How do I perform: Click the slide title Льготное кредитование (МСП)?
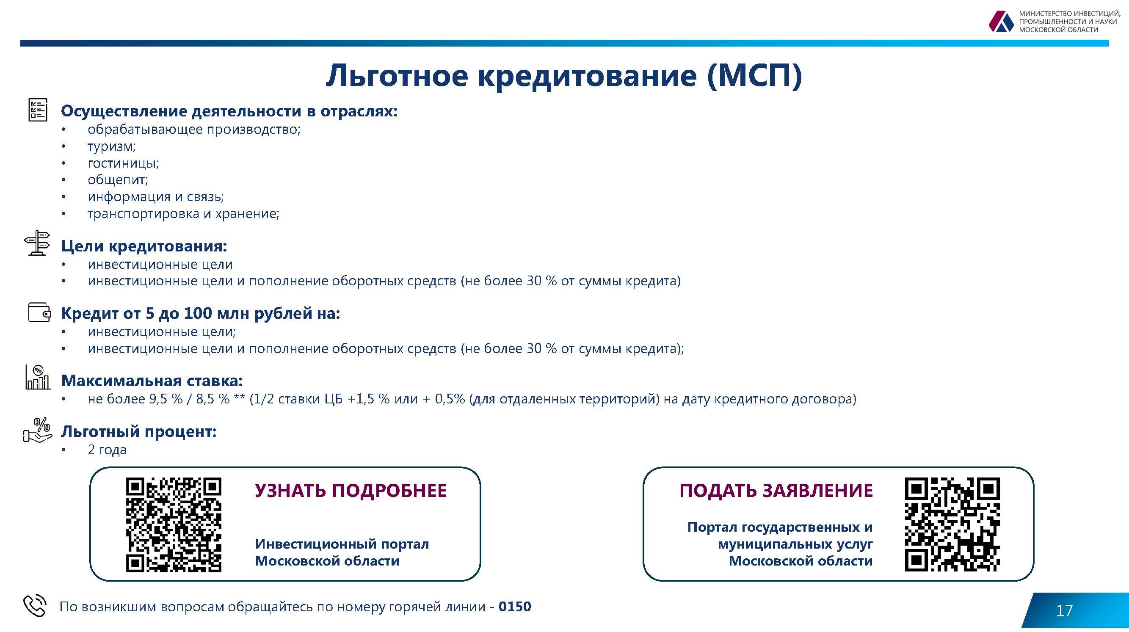563,75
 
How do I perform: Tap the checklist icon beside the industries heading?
37,110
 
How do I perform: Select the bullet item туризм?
111,146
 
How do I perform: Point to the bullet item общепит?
117,180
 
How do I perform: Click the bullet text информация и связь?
156,197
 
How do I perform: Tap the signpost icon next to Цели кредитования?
37,243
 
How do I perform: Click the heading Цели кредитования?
144,246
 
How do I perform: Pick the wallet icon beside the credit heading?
39,312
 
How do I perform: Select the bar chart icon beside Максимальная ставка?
38,377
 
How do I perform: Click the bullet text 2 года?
107,450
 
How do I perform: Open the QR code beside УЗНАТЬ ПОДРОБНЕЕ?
174,524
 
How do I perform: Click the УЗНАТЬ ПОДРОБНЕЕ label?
351,491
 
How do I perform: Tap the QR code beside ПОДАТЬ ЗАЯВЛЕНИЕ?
952,524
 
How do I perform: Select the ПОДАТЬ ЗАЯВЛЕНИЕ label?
776,491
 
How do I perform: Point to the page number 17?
1065,610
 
